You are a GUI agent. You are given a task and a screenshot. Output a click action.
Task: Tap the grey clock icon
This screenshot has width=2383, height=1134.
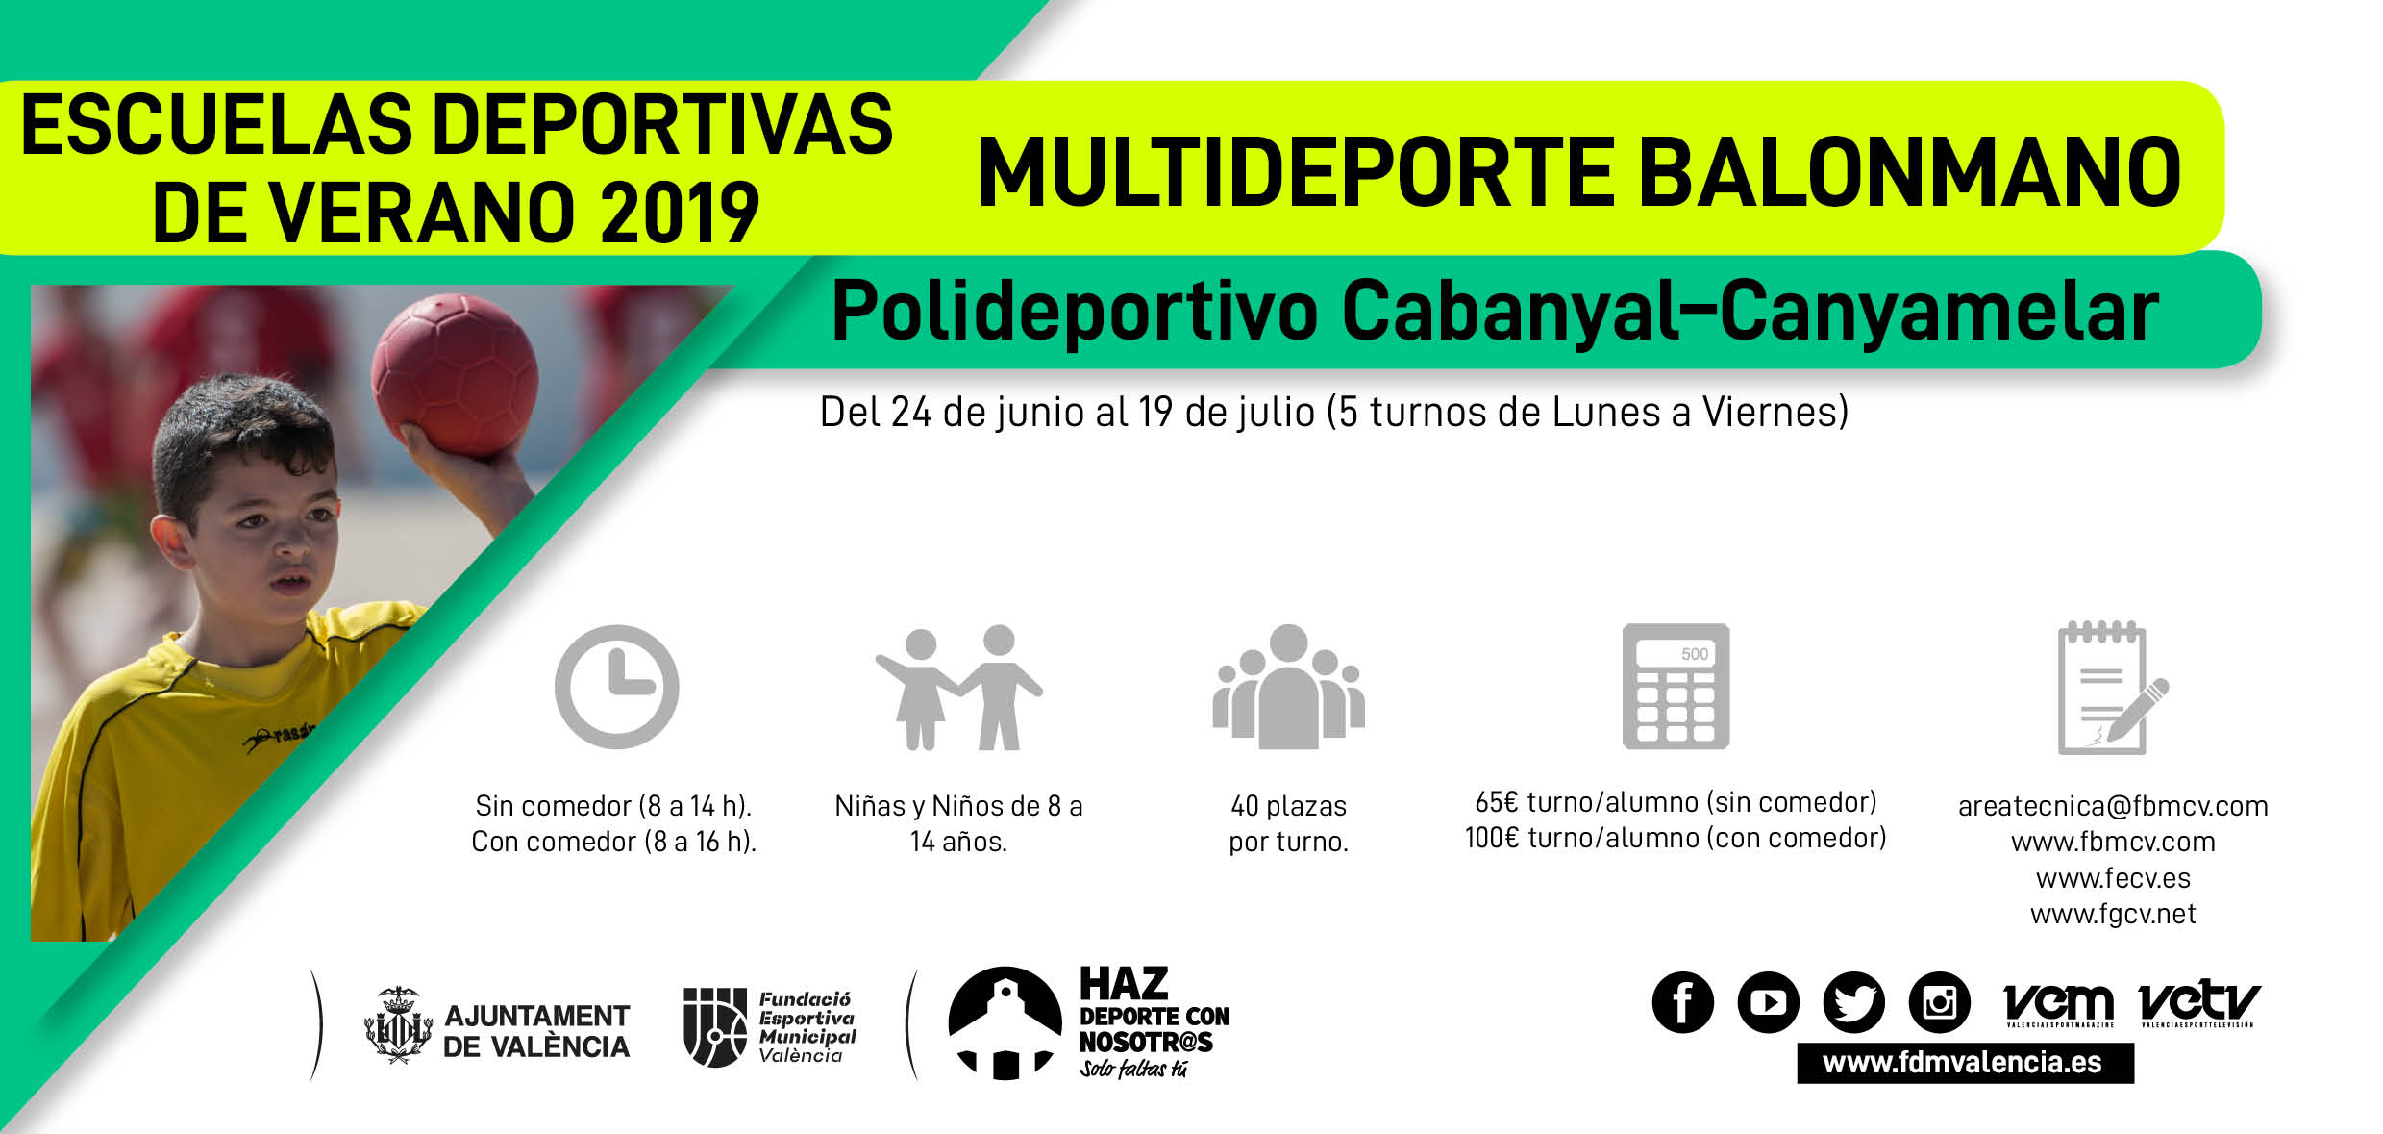coord(616,686)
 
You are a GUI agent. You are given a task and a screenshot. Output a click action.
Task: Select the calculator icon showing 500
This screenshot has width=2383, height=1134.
coord(1676,686)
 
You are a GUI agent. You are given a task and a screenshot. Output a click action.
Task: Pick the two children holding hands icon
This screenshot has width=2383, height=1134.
coord(958,687)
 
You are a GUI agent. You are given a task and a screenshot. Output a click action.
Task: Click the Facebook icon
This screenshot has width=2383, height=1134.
coord(1682,1002)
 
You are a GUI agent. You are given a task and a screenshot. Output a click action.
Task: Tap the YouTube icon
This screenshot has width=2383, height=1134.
coord(1768,1002)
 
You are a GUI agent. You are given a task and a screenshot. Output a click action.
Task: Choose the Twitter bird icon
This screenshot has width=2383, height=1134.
coord(1853,1002)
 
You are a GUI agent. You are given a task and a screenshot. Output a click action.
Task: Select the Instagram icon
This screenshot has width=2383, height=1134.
coord(1939,1002)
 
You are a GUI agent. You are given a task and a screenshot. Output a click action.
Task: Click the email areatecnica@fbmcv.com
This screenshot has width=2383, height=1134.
coord(2113,806)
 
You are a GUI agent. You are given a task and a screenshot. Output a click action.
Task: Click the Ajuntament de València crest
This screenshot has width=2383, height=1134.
coord(398,1025)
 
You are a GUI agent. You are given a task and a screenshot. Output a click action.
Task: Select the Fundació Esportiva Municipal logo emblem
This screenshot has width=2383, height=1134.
coord(714,1026)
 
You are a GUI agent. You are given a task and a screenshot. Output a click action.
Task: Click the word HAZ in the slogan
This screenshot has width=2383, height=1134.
coord(1124,985)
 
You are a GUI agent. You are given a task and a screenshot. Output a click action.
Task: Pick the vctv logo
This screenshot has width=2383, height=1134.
coord(2198,1003)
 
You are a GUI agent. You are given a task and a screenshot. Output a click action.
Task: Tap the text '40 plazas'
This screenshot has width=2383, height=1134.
coord(1288,806)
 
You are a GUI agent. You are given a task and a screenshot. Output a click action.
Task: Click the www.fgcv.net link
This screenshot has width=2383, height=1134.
coord(2113,914)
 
